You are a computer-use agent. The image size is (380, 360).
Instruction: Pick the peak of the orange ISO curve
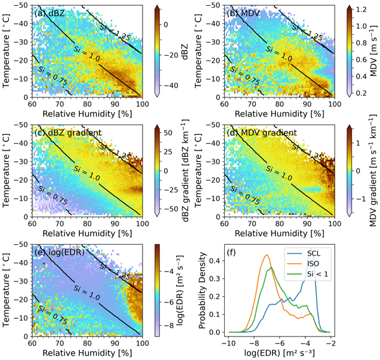tap(267, 256)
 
